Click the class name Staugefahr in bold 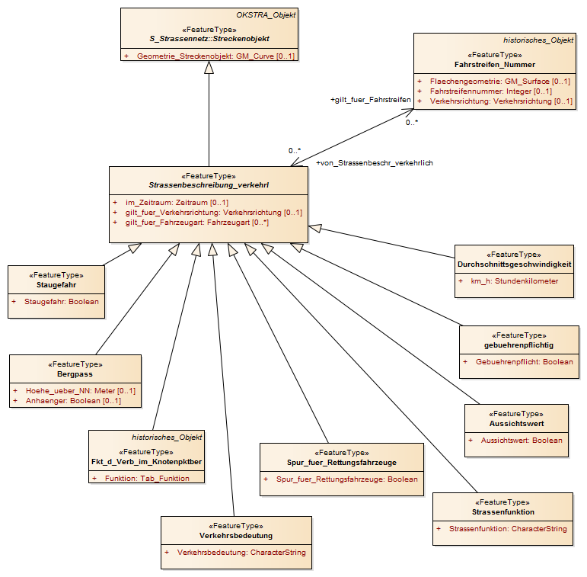(56, 285)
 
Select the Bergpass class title (75, 374)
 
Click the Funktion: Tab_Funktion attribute (147, 479)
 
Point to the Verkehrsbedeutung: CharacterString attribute (241, 553)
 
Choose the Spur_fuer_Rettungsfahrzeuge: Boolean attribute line (347, 479)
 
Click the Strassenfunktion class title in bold (502, 511)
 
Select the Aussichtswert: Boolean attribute (522, 441)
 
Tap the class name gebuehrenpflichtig (518, 345)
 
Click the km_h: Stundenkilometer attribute (515, 281)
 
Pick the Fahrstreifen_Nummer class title (495, 65)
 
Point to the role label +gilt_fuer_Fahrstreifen (371, 100)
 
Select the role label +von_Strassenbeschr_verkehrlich (375, 163)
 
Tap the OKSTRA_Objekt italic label (266, 15)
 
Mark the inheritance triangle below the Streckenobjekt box (209, 67)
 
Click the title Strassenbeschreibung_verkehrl (209, 185)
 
